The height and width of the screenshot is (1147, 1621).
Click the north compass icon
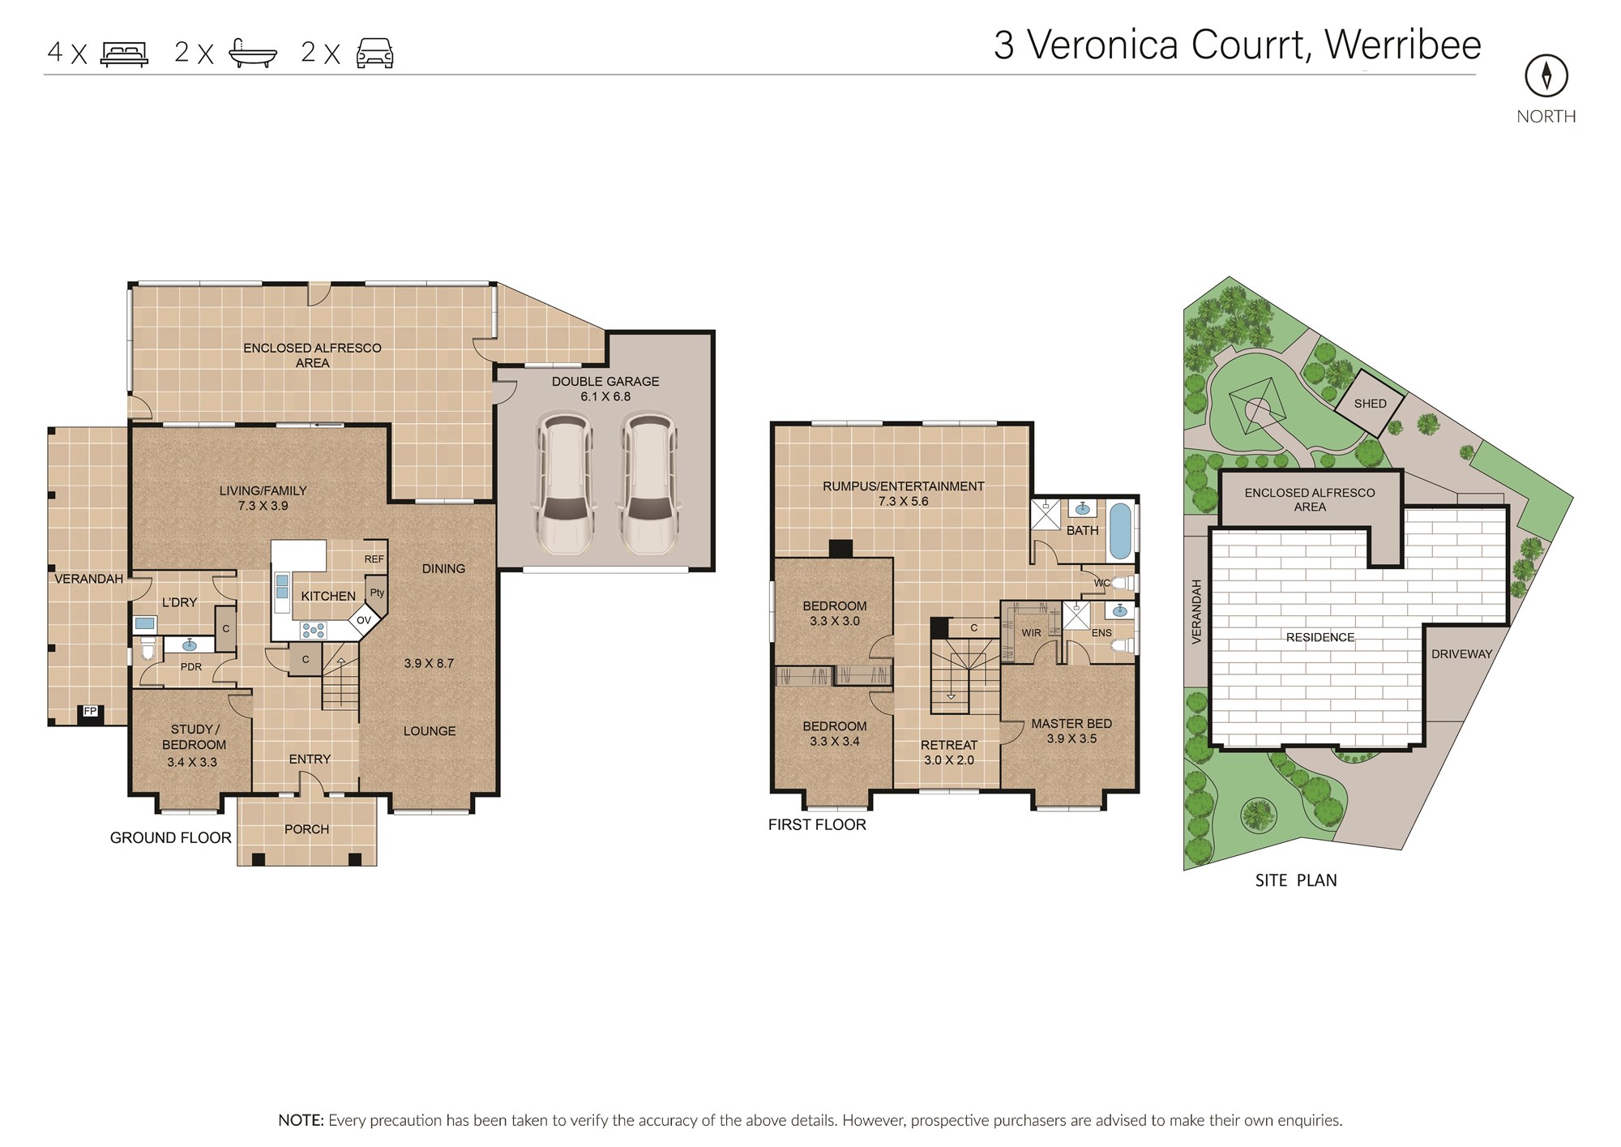tap(1546, 75)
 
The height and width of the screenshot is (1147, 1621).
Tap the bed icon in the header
tap(124, 53)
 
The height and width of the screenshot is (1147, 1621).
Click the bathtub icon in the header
tap(253, 53)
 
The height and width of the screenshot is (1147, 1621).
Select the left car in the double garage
tap(562, 484)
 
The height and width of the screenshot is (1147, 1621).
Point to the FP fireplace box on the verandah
tap(90, 712)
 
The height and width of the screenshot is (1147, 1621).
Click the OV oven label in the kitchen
tap(364, 620)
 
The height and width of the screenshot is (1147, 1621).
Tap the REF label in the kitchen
tap(374, 559)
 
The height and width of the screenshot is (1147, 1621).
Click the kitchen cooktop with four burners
tap(313, 630)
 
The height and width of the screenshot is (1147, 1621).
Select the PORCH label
tap(306, 829)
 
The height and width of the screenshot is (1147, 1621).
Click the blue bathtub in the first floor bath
tap(1121, 531)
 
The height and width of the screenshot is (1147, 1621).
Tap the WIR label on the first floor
tap(1031, 633)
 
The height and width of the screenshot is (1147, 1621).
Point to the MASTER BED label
tap(1071, 723)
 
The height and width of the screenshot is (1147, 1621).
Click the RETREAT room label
tap(949, 745)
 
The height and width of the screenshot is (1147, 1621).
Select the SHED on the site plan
tap(1370, 402)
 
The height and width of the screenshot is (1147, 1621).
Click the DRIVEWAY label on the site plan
tap(1461, 654)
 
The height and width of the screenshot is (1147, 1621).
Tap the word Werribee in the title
tap(1403, 45)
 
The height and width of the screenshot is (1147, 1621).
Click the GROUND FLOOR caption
tap(171, 837)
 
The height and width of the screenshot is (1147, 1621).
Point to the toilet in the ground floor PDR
tap(148, 648)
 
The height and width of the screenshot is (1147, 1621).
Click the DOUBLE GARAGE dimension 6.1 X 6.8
tap(605, 396)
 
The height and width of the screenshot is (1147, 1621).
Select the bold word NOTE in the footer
tap(301, 1120)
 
